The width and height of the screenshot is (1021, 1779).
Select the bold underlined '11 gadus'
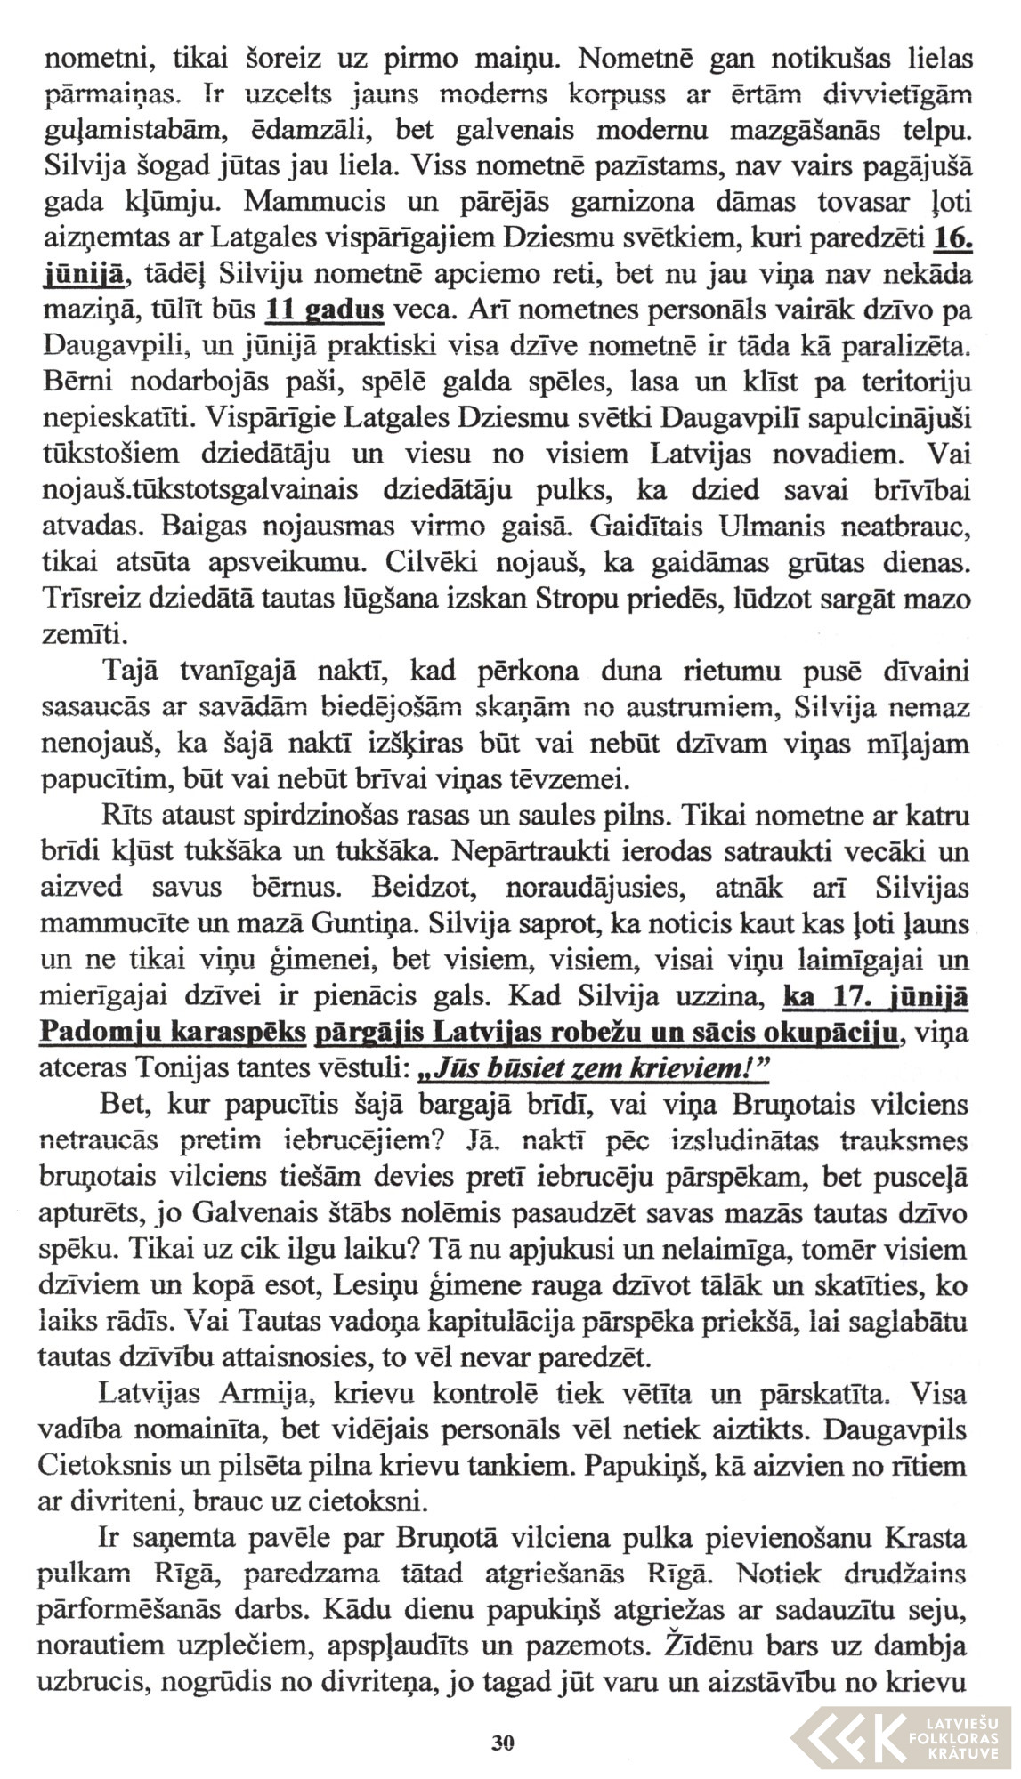pyautogui.click(x=325, y=310)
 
